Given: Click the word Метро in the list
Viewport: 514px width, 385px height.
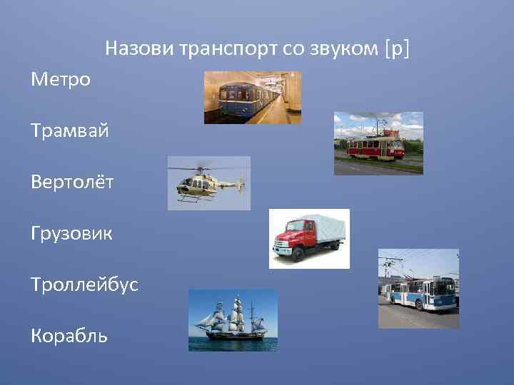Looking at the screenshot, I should pos(61,79).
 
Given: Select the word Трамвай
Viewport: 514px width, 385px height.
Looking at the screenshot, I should pos(69,130).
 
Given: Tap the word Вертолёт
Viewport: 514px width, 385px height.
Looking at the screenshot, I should pos(72,182).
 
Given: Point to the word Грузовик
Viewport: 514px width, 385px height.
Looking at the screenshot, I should pos(71,233).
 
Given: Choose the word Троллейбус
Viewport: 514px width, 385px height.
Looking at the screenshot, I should pos(84,284).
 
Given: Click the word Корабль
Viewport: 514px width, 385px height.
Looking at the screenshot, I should pos(69,335).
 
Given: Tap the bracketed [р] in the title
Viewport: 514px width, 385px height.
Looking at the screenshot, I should pos(398,49).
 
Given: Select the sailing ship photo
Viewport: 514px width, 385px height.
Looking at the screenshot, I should pos(233,320).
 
